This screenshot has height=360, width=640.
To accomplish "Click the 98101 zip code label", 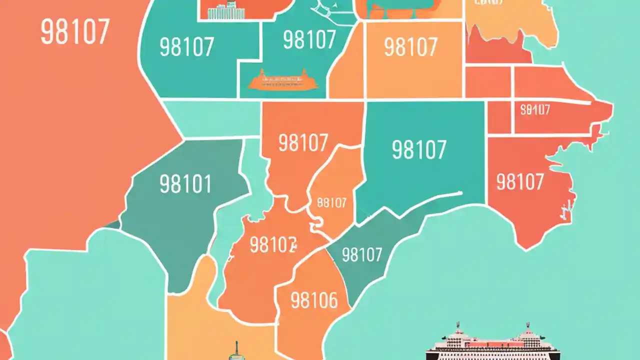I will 185,184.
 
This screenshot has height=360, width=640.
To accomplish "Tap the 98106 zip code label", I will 314,301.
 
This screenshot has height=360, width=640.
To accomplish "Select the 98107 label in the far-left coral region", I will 74,32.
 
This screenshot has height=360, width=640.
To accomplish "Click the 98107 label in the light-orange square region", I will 410,47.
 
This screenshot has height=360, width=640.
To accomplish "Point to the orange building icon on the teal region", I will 283,79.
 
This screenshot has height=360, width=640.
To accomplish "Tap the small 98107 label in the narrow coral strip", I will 535,110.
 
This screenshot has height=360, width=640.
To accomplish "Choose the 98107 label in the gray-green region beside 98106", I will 362,255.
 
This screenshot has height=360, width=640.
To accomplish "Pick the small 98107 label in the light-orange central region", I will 331,202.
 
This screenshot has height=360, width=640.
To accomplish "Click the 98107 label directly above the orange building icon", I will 309,40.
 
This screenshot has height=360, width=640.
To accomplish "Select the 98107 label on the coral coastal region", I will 520,182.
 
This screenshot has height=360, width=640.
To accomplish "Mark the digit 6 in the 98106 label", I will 330,301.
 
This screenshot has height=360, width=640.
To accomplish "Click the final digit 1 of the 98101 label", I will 206,184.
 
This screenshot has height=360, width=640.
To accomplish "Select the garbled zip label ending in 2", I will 273,245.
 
